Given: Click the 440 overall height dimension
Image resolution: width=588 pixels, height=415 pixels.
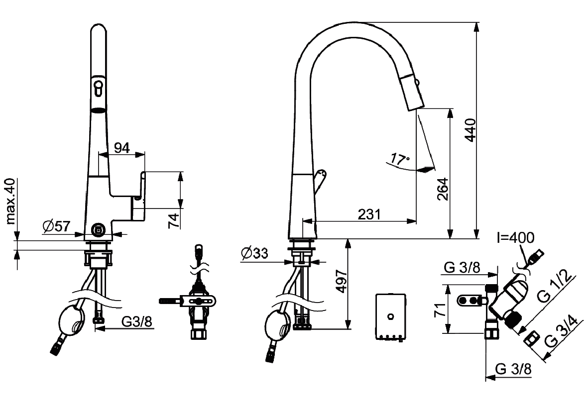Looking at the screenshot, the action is click(x=470, y=130).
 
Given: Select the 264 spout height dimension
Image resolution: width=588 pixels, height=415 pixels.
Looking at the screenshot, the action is click(x=443, y=189).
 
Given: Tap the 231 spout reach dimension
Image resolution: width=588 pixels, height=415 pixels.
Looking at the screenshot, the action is click(x=369, y=214).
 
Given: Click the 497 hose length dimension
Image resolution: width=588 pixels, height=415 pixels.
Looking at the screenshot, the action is click(x=341, y=281).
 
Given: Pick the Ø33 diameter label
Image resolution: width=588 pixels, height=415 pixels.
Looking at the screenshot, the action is click(x=254, y=253).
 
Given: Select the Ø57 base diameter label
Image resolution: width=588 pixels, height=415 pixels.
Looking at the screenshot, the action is click(x=57, y=226).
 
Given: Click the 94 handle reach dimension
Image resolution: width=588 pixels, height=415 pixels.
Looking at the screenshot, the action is click(x=122, y=148).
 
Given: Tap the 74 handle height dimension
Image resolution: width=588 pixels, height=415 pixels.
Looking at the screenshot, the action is click(x=174, y=221).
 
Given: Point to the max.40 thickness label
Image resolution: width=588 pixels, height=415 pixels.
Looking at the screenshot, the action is click(x=11, y=202).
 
